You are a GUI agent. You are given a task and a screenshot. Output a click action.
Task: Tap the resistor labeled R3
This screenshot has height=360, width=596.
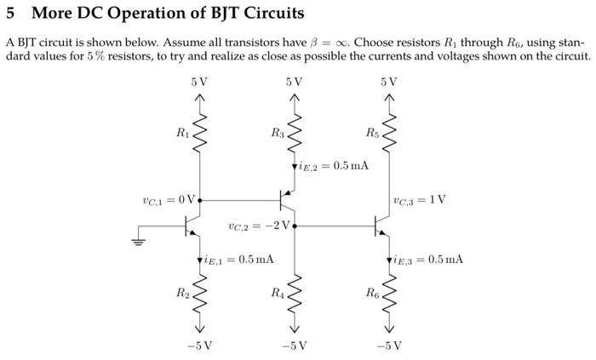(295, 134)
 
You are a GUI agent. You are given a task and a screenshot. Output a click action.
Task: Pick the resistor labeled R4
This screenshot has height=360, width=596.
(295, 296)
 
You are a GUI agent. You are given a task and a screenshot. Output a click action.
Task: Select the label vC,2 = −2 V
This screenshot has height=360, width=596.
(260, 226)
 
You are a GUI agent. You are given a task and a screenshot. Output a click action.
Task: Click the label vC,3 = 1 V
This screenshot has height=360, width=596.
(420, 201)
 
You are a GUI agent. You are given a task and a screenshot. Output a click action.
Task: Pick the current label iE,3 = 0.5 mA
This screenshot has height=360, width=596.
(429, 259)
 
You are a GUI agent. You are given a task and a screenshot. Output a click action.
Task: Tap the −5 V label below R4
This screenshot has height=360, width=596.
(295, 346)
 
